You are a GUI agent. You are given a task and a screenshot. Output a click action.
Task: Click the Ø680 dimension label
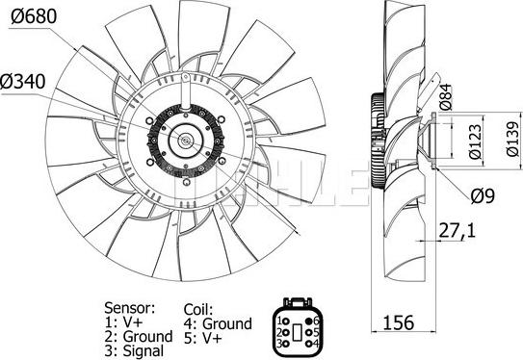(x=34, y=16)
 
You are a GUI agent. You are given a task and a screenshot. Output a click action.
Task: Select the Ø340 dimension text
(x=23, y=82)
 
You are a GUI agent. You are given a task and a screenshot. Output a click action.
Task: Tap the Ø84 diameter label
(x=446, y=97)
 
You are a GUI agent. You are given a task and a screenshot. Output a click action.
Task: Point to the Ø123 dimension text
(x=475, y=141)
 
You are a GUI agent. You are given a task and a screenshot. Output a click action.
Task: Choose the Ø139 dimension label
(x=512, y=139)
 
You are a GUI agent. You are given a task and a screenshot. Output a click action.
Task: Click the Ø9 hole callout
(x=483, y=196)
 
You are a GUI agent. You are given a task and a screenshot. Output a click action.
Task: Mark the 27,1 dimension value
(x=457, y=231)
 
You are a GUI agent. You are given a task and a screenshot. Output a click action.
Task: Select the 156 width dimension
(x=398, y=322)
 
